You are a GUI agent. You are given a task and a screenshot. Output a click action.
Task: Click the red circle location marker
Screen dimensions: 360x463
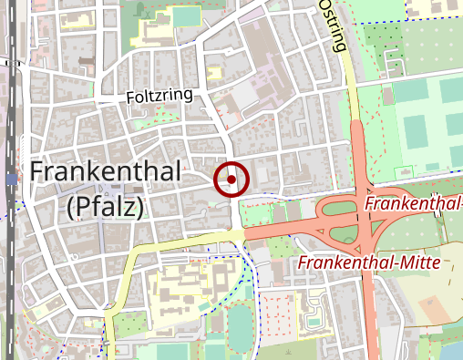(x=231, y=180)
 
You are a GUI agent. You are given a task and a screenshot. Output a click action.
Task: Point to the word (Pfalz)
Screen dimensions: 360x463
(x=106, y=208)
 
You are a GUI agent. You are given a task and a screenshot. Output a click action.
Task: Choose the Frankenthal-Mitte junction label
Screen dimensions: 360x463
(x=369, y=263)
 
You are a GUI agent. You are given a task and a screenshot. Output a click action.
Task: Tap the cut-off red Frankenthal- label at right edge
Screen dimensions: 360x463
(x=413, y=202)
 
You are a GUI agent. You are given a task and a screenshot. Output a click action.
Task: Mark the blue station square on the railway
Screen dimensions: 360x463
(x=11, y=180)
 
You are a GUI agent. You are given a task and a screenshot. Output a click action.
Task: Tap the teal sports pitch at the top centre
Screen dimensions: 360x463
(x=186, y=16)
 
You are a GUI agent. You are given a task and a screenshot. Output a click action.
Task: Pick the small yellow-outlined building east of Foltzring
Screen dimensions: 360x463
(x=215, y=73)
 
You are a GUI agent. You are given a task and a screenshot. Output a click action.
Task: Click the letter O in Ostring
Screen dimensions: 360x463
(x=326, y=6)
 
